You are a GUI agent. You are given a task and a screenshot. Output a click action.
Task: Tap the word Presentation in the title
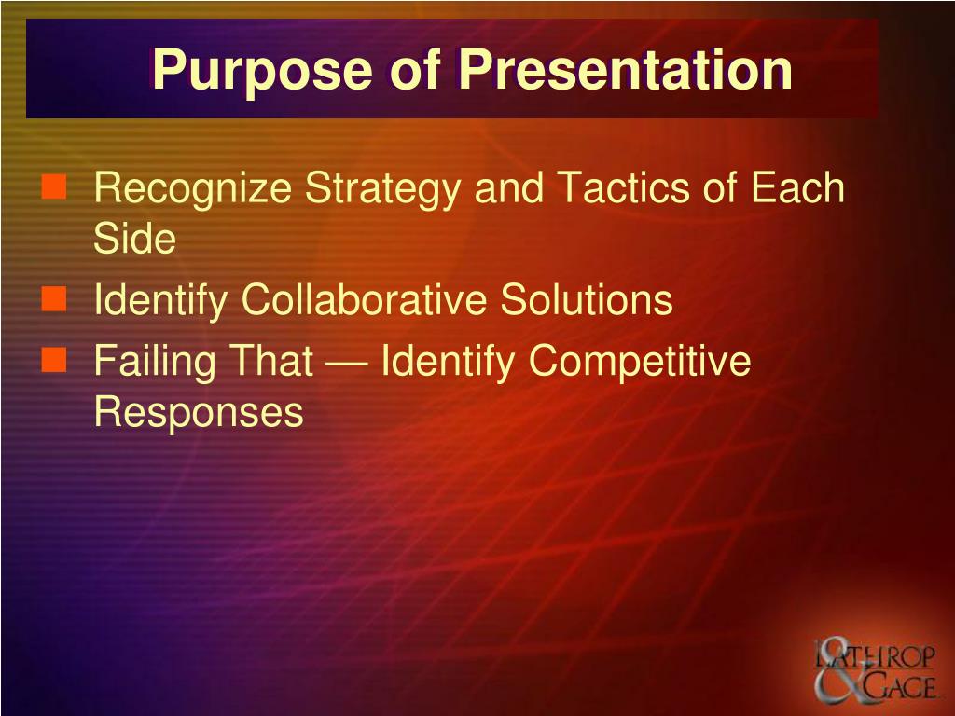tap(626, 69)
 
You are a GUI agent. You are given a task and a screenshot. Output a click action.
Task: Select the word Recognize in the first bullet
tap(192, 189)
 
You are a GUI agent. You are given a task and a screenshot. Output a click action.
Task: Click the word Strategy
tap(382, 189)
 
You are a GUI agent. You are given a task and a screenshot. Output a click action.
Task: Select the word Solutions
tap(587, 299)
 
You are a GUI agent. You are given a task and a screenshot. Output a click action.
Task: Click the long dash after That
tap(347, 364)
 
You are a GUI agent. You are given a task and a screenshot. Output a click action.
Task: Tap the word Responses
tap(199, 411)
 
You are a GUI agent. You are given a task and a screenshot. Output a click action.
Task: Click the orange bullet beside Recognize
tap(53, 186)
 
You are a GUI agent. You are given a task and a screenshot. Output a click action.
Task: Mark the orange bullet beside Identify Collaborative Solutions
tap(53, 299)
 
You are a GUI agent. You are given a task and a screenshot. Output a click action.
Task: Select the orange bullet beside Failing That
tap(53, 359)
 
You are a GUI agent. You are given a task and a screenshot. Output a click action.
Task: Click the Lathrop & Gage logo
tap(875, 669)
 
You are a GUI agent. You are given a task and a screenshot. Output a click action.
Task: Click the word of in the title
tap(415, 69)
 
